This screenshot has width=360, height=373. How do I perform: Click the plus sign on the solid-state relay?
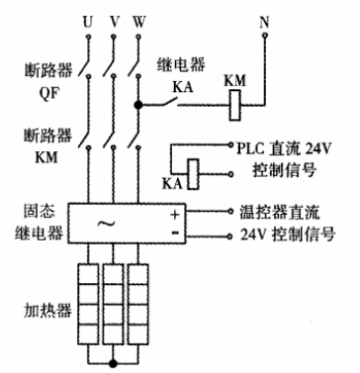(175, 214)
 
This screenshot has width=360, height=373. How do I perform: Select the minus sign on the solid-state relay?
(175, 234)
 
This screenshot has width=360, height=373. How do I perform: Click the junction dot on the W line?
(139, 102)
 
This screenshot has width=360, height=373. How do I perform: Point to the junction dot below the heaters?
(114, 363)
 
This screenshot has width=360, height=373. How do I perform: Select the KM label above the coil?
(235, 78)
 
